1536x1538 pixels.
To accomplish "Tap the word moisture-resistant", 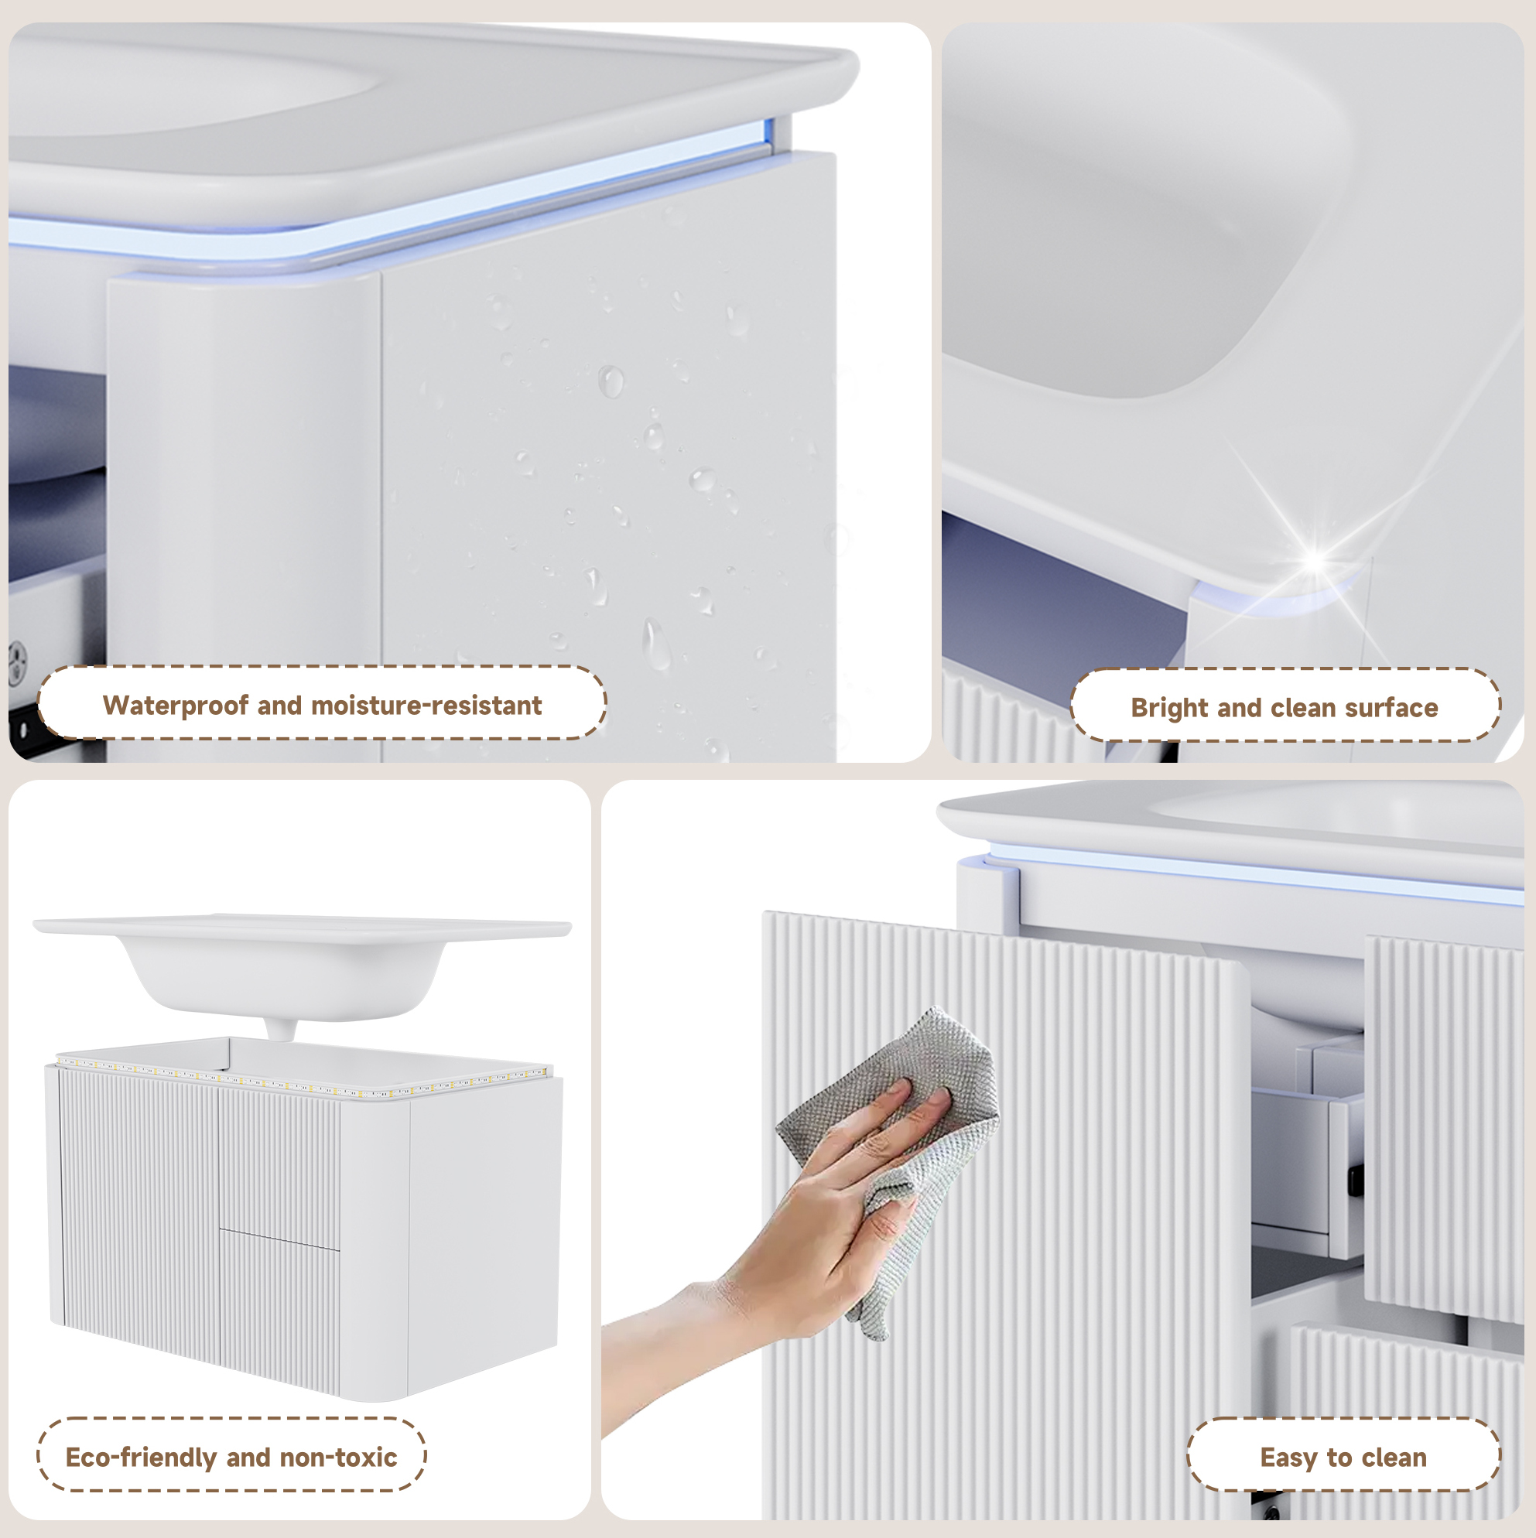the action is coord(426,706).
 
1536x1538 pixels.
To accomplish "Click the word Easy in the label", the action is coord(1288,1458).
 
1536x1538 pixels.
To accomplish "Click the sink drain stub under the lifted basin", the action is coord(279,1029).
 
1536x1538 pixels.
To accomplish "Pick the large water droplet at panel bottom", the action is coord(656,643).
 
